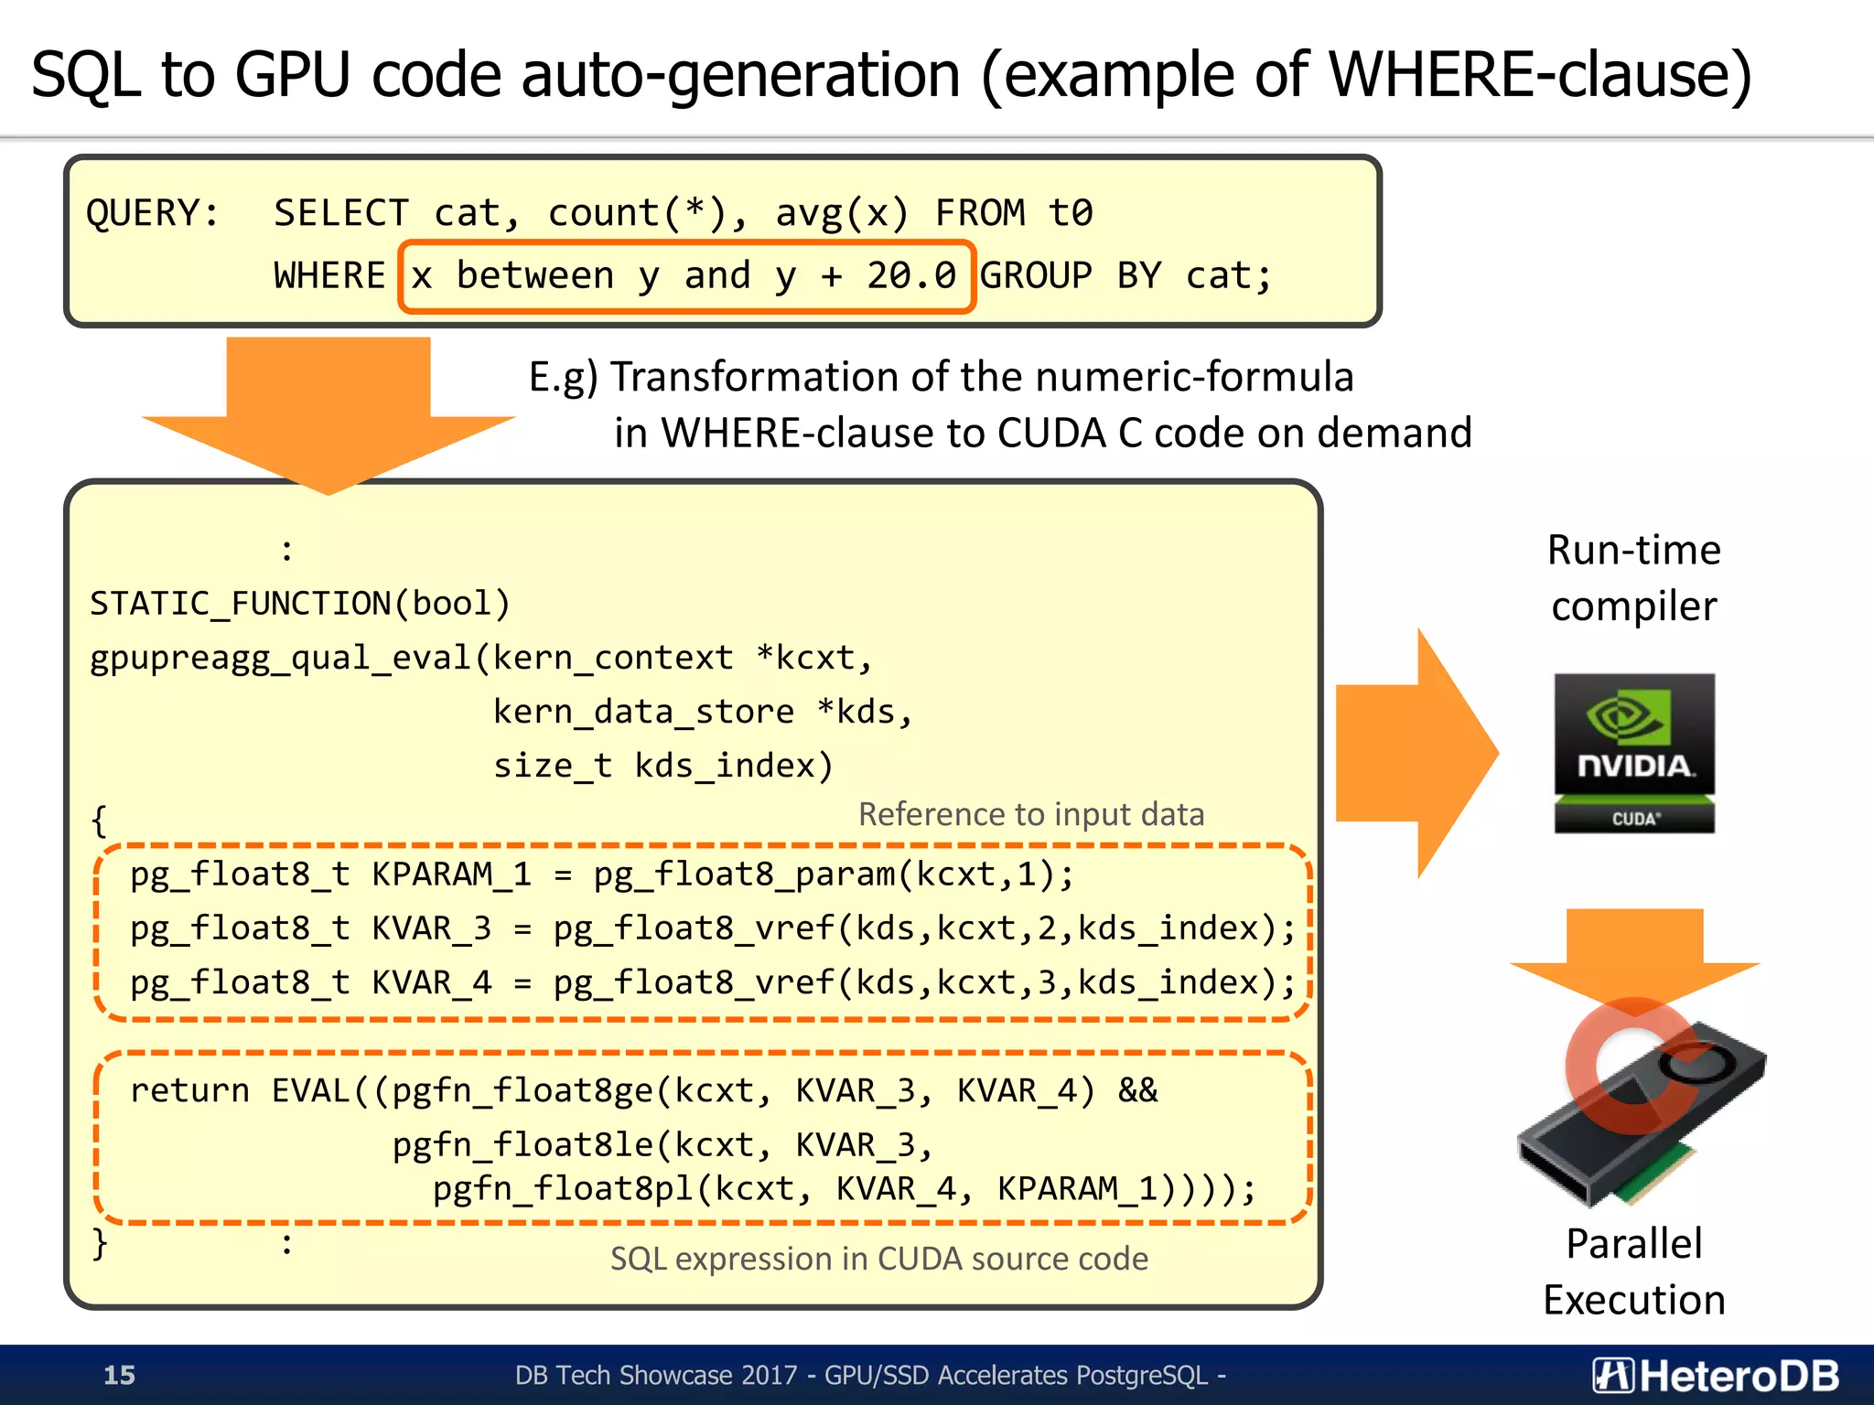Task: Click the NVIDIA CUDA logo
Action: [1634, 753]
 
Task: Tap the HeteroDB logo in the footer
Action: [1717, 1375]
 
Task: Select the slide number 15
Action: [119, 1375]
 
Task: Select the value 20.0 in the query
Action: [911, 275]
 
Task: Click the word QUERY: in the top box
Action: [153, 213]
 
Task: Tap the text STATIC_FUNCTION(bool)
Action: [300, 604]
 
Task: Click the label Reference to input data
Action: [1031, 814]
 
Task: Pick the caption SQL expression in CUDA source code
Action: [878, 1259]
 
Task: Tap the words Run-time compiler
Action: [1634, 577]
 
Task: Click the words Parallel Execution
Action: [1634, 1271]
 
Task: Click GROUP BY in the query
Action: [1071, 275]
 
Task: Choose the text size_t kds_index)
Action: [663, 766]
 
